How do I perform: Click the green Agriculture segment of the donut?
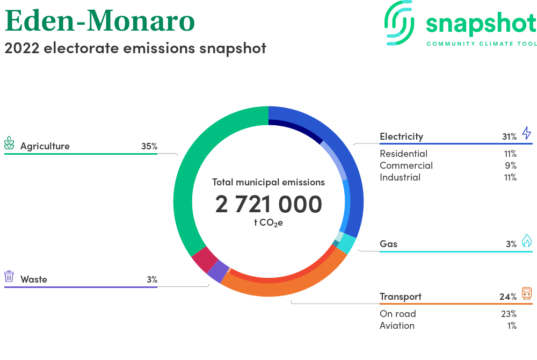click(x=183, y=192)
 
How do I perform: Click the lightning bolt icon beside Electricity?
click(x=527, y=133)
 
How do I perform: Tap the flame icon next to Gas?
click(x=527, y=241)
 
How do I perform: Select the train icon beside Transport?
click(x=527, y=293)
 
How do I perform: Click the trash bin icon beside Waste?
click(x=9, y=276)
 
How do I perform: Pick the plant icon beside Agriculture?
click(x=9, y=143)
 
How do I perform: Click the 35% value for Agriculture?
click(x=149, y=146)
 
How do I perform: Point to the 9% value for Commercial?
click(x=511, y=165)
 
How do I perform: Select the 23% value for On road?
click(x=509, y=314)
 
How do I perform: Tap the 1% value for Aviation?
click(x=512, y=326)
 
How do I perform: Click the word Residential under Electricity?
click(x=403, y=154)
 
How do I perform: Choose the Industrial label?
click(x=400, y=177)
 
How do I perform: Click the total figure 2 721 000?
click(x=268, y=204)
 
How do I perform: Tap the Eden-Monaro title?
click(x=100, y=20)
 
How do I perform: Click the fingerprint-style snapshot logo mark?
click(x=399, y=23)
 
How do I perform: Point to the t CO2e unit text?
click(x=268, y=223)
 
